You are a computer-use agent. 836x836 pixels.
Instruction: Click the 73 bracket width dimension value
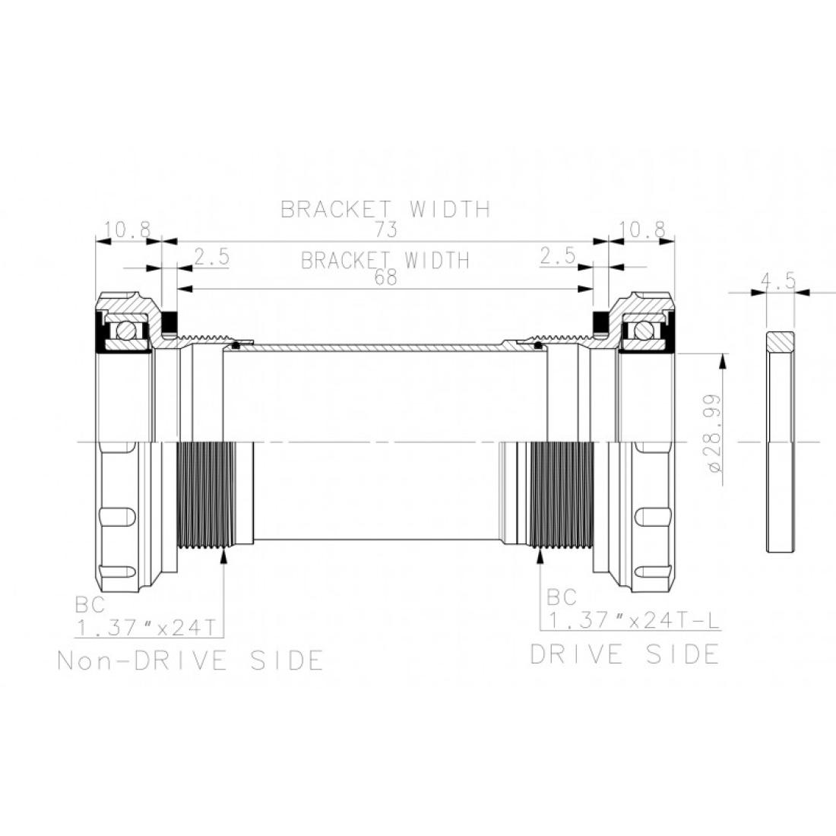386,230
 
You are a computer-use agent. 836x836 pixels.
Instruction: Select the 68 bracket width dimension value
385,277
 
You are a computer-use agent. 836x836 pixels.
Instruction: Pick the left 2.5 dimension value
212,257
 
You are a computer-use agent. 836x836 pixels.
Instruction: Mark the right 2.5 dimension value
558,256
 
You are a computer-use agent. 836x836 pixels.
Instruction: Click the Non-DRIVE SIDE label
190,660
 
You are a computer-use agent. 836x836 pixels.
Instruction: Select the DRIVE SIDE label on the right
625,654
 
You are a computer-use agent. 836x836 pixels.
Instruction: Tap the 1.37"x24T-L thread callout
634,621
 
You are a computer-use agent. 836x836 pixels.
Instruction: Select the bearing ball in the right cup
642,331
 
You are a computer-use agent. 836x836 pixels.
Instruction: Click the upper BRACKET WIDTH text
385,209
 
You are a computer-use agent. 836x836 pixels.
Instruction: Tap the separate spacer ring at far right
780,442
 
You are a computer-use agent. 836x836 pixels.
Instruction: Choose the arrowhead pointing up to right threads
540,556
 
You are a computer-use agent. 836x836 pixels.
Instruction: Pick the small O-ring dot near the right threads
538,346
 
